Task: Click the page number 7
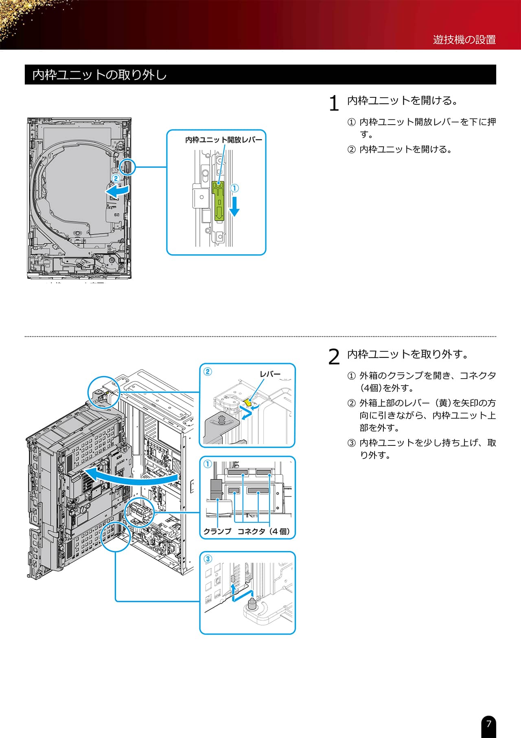pos(488,724)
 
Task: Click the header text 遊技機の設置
pos(464,40)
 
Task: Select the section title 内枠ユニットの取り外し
pos(99,75)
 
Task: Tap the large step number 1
pos(334,103)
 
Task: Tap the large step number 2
pos(334,357)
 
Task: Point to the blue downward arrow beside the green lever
pos(234,206)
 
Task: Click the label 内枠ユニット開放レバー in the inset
pos(223,140)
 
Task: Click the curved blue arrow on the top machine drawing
pos(118,190)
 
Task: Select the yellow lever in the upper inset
pos(247,403)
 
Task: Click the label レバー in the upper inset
pos(270,374)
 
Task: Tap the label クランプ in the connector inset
pos(217,531)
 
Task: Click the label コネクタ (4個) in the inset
pos(264,531)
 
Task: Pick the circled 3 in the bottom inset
pos(208,559)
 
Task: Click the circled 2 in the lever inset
pos(208,371)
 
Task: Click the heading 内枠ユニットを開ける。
pos(403,101)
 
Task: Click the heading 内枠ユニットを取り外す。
pos(408,354)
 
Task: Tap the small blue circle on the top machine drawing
pos(127,167)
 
